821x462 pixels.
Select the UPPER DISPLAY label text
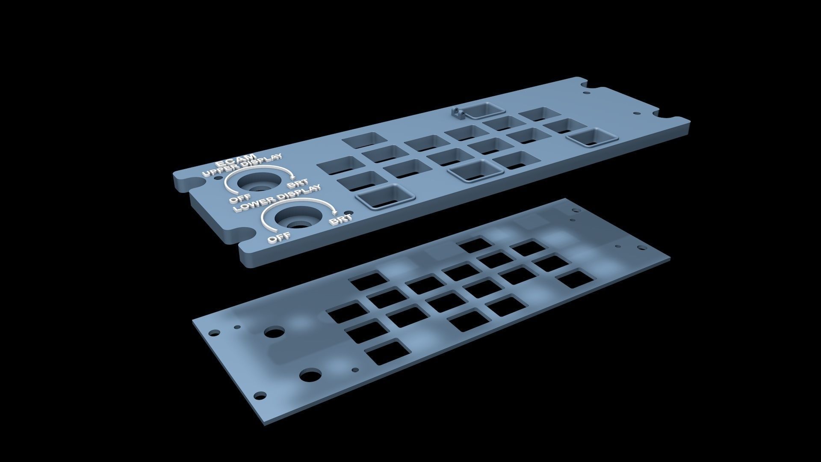(242, 165)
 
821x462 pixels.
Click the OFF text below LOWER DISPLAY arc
(279, 237)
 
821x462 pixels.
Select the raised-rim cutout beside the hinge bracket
(483, 110)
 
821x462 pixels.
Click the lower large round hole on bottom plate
(310, 376)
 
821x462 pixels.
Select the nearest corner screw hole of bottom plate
(259, 395)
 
